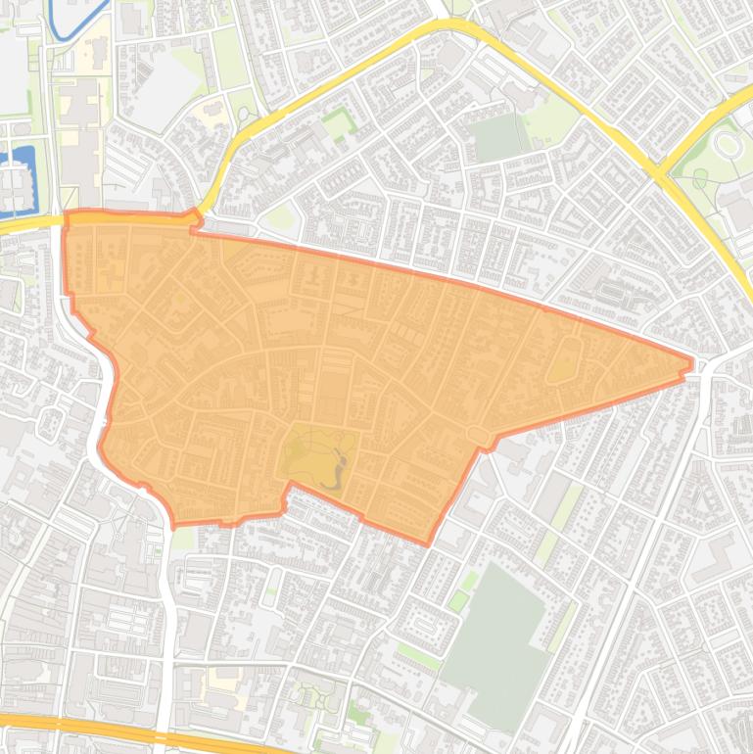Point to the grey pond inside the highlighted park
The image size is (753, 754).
(338, 467)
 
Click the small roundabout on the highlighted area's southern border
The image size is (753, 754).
(478, 434)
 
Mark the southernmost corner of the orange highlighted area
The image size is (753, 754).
(428, 542)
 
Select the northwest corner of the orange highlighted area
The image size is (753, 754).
(67, 213)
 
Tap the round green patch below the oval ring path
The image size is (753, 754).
(700, 177)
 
